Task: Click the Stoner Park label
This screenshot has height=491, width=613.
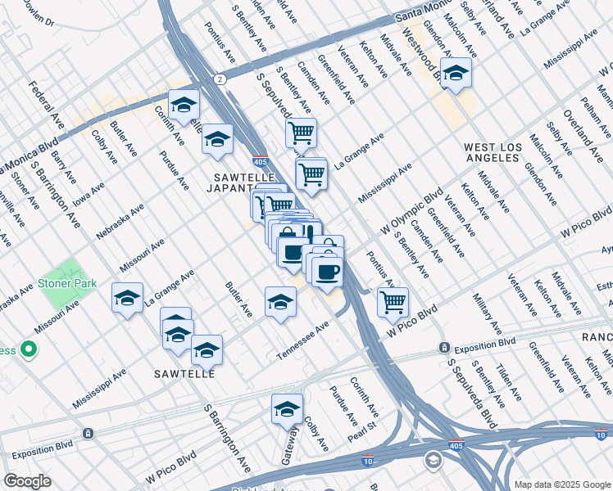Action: coord(66,284)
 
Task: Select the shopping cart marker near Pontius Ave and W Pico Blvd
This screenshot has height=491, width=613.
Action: coord(393,301)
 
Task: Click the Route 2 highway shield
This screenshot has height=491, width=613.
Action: coord(220,79)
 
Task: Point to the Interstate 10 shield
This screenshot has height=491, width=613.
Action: coord(368,462)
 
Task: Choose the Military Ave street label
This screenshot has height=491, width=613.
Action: coord(487,316)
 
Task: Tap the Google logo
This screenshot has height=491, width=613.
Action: coord(27,481)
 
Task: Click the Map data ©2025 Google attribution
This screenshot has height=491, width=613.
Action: coord(561,484)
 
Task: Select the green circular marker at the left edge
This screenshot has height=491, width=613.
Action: coord(29,350)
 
